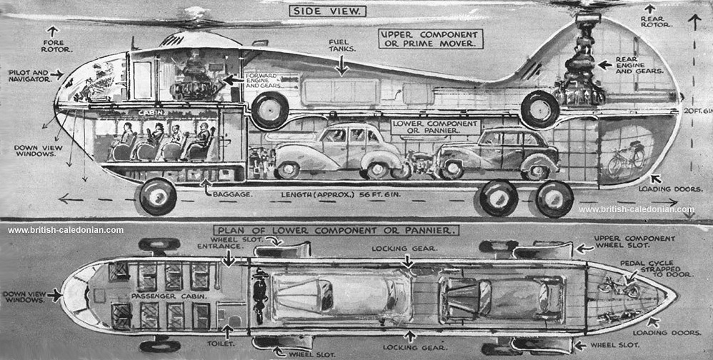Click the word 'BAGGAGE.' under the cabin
(x=229, y=193)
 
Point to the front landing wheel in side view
(x=158, y=196)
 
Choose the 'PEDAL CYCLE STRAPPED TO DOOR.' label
(x=645, y=268)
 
